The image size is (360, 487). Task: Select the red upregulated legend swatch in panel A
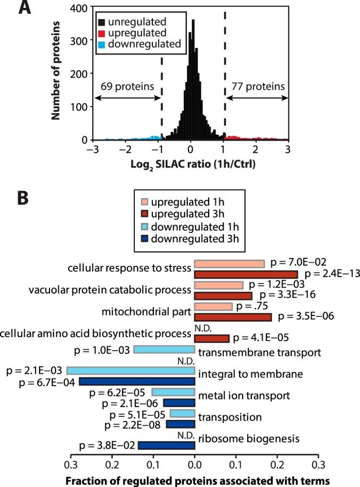(101, 33)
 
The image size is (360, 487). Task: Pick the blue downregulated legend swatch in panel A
(101, 44)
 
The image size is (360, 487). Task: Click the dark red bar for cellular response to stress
(246, 274)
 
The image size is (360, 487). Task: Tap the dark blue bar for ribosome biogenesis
(166, 445)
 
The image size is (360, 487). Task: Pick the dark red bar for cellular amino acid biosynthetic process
(211, 338)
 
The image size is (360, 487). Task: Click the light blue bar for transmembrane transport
(163, 350)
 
